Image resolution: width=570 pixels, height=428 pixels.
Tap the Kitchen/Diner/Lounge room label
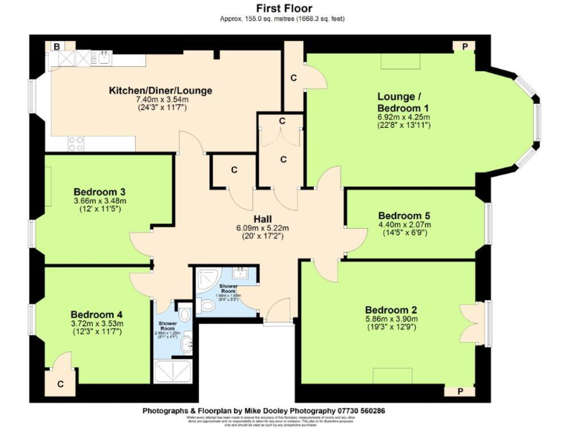(x=160, y=91)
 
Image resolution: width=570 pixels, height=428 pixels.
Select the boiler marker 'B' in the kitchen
(x=56, y=47)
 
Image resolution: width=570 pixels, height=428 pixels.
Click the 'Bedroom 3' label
(x=99, y=190)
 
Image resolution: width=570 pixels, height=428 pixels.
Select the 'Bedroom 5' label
(x=404, y=216)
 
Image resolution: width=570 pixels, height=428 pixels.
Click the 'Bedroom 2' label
(x=391, y=310)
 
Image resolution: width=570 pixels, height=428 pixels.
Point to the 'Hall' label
(x=263, y=218)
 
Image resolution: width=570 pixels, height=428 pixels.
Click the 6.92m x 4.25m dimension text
(x=404, y=117)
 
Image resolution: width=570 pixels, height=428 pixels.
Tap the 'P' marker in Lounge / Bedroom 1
(x=465, y=47)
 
